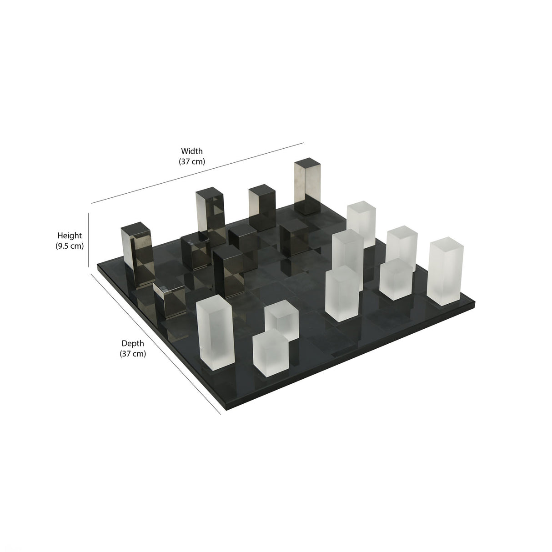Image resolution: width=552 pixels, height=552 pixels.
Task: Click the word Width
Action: (x=192, y=151)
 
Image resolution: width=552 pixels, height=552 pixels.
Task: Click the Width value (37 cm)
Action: (x=192, y=161)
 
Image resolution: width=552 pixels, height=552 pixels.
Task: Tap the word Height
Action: (x=70, y=236)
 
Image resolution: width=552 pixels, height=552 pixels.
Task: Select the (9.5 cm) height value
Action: (x=69, y=246)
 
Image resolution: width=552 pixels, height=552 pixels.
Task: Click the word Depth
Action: (x=133, y=343)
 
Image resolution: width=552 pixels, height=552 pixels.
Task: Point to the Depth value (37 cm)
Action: (x=133, y=354)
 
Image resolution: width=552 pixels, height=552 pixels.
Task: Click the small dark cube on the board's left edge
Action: (x=168, y=300)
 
